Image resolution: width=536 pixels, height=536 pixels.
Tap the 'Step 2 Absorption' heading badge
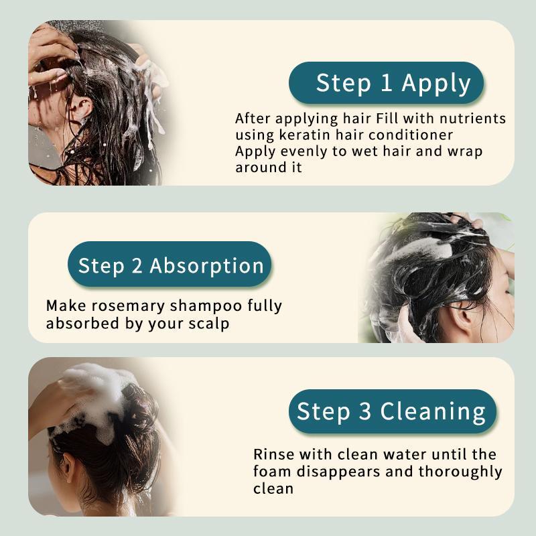(170, 265)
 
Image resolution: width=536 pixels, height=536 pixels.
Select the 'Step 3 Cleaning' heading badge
(391, 411)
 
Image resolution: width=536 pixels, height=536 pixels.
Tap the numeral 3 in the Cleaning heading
(364, 411)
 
